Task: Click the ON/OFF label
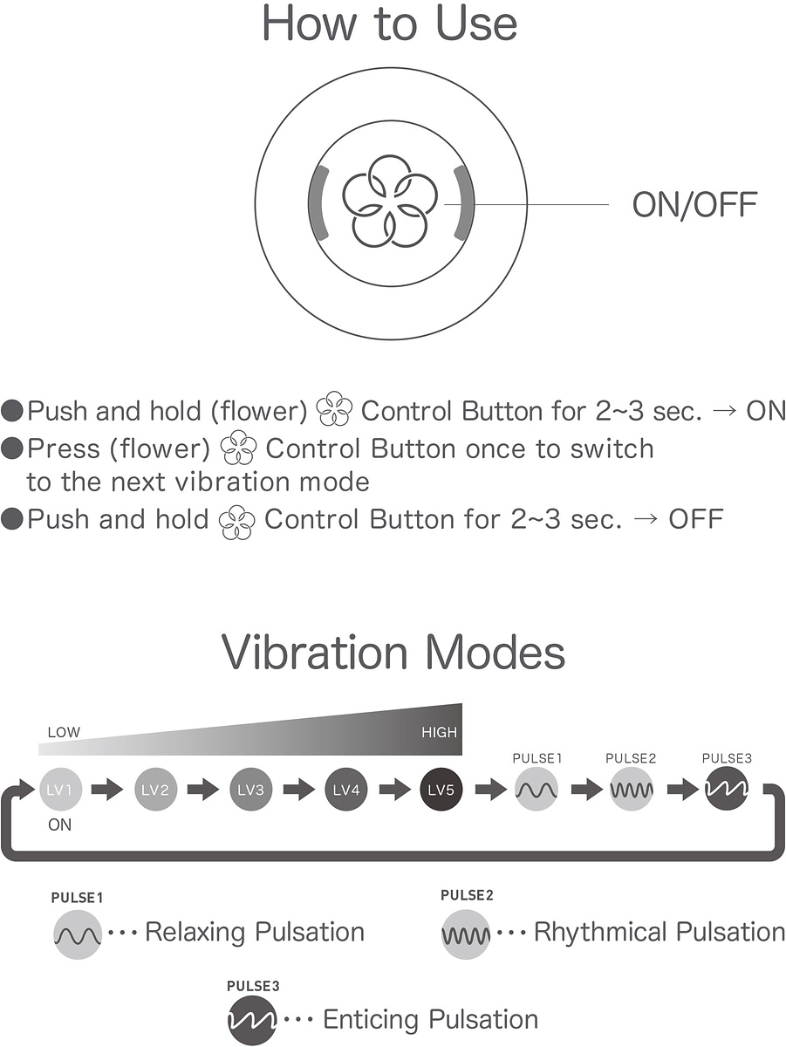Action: click(694, 205)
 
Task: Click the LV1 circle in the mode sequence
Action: click(60, 790)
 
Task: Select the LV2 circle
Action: click(155, 790)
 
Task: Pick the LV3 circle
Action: click(251, 790)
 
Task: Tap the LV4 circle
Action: click(346, 790)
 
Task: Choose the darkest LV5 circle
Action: click(441, 790)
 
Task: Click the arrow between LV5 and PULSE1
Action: click(489, 790)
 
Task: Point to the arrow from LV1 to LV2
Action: click(107, 790)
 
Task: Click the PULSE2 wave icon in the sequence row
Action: click(632, 790)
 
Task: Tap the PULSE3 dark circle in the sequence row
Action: click(727, 790)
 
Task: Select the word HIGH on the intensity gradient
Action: click(439, 733)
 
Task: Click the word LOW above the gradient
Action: click(64, 733)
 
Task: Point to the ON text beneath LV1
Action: click(60, 825)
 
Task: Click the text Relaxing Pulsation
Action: click(255, 932)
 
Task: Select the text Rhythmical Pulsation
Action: click(660, 932)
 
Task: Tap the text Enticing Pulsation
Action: click(431, 1019)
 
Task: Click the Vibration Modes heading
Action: click(393, 653)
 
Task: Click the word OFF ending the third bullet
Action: click(695, 519)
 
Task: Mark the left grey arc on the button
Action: click(319, 202)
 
